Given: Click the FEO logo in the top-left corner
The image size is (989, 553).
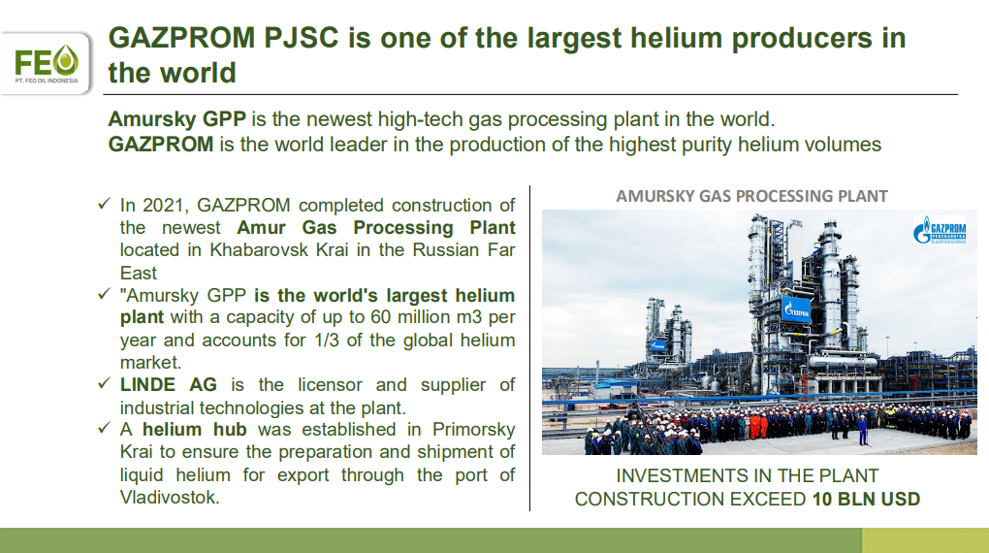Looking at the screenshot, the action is (47, 64).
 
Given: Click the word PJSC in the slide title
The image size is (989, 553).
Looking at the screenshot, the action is (302, 38).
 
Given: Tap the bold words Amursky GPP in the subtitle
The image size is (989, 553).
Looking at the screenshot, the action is (176, 118).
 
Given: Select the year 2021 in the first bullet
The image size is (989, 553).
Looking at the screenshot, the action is (163, 205).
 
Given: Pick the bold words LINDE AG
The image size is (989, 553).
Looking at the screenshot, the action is (169, 384).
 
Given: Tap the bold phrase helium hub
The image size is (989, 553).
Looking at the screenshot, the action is (194, 429).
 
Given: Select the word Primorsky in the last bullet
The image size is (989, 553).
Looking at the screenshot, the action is (474, 429).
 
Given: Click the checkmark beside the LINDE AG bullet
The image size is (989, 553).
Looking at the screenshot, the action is (104, 383).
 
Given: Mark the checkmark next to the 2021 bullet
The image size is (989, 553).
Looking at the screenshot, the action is (104, 204).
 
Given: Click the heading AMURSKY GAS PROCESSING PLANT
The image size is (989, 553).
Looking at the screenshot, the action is (751, 196).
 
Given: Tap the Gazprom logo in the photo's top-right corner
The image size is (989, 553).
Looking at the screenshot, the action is (940, 231).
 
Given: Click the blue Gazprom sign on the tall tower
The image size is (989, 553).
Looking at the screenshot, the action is (796, 309).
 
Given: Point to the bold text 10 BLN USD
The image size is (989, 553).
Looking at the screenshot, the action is (866, 499).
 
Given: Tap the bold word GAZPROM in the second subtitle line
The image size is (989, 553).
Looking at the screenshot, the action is (161, 144).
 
